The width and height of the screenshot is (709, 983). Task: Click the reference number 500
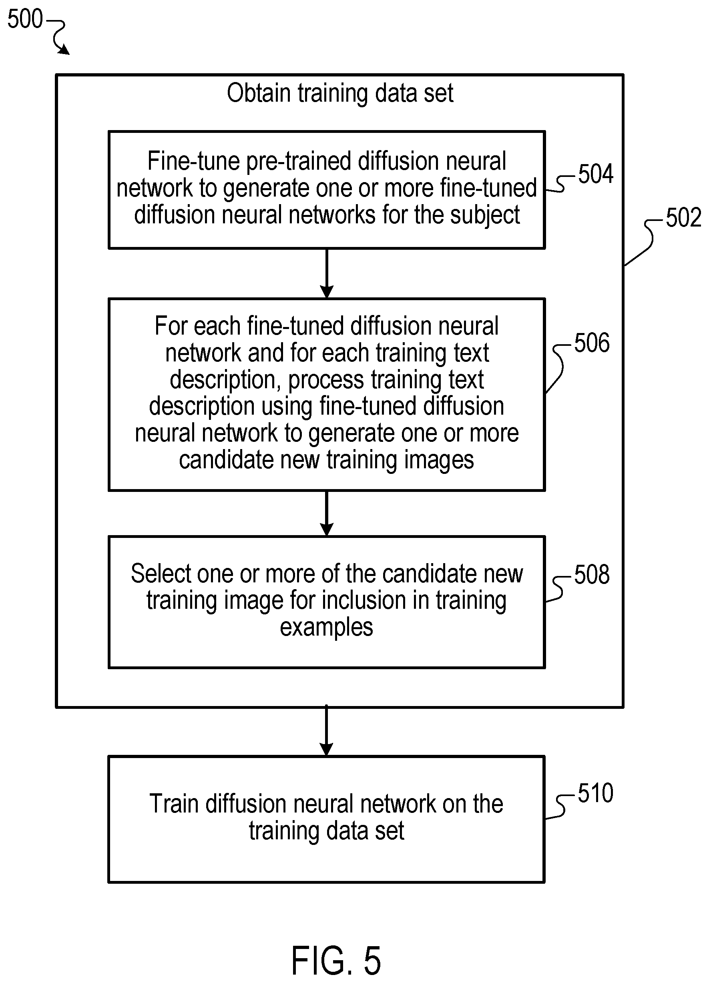tap(25, 19)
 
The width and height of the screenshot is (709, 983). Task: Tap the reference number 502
tap(683, 218)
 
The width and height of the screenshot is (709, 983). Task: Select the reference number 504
tap(596, 174)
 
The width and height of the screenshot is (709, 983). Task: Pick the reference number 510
tap(595, 793)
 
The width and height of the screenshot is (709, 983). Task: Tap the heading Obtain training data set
tap(340, 94)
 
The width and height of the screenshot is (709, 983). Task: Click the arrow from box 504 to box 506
tap(327, 273)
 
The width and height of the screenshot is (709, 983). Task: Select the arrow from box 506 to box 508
tap(327, 514)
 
